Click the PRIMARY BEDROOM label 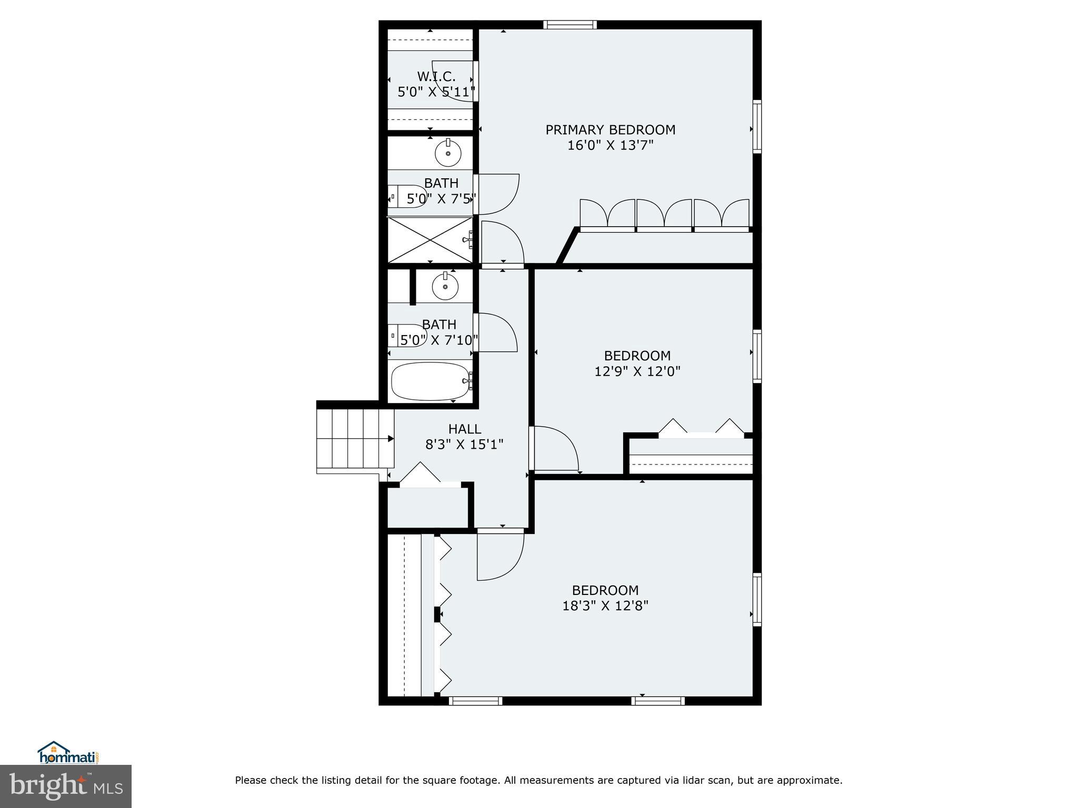click(610, 130)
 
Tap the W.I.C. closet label click(436, 77)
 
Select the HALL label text click(464, 429)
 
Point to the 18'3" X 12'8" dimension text click(605, 606)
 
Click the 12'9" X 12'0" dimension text click(637, 372)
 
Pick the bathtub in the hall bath click(430, 381)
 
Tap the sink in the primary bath click(448, 153)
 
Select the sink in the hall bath click(445, 286)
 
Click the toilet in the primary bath click(408, 197)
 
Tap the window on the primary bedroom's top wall click(570, 24)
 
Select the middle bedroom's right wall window click(757, 356)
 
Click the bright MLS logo click(65, 786)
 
